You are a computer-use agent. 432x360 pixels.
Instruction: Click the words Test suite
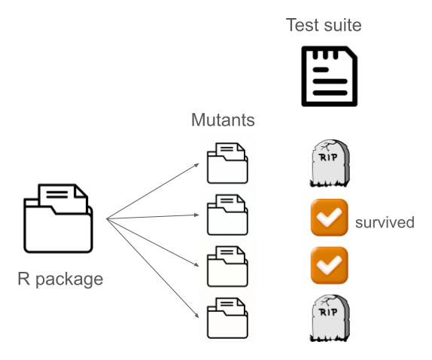click(x=324, y=25)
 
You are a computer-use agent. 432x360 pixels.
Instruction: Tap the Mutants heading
click(x=223, y=120)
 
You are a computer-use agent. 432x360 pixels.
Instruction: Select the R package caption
click(x=60, y=279)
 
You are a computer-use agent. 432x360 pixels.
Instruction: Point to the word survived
click(x=385, y=222)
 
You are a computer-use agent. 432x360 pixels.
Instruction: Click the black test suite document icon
click(x=330, y=76)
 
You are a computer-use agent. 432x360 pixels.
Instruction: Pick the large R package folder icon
click(x=58, y=218)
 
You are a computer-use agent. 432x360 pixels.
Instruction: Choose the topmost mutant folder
click(x=227, y=163)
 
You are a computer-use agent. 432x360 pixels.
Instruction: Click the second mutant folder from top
click(x=227, y=215)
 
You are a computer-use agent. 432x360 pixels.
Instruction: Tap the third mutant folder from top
click(x=227, y=267)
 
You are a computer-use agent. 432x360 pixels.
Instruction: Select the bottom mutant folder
click(x=227, y=318)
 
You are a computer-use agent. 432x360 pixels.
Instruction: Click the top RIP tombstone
click(x=330, y=163)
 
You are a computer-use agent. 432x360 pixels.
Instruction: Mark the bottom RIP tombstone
click(x=330, y=319)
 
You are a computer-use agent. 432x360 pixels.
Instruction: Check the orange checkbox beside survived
click(x=329, y=218)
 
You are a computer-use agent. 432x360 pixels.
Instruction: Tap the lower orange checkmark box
click(x=329, y=265)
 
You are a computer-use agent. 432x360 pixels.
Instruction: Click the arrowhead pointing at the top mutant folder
click(x=197, y=165)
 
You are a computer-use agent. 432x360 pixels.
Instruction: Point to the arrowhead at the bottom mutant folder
click(x=197, y=316)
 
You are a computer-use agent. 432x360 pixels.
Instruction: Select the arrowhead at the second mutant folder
click(x=196, y=215)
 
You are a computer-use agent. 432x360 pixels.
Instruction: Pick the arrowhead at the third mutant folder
click(x=196, y=265)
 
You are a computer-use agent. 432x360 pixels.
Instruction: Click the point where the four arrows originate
click(x=107, y=219)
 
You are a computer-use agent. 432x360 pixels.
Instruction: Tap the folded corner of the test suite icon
click(x=351, y=52)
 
